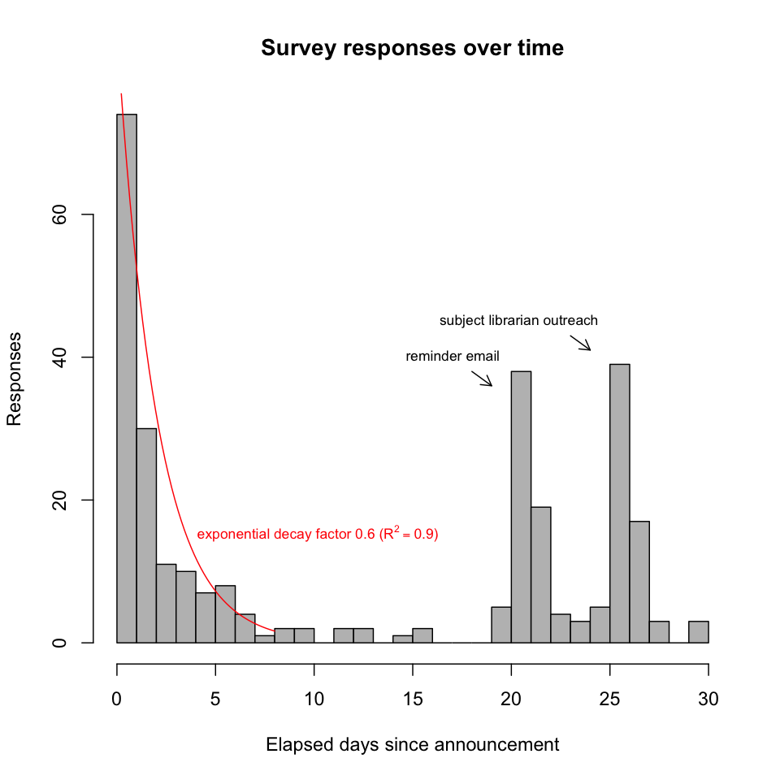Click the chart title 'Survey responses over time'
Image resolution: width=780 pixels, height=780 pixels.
pyautogui.click(x=412, y=49)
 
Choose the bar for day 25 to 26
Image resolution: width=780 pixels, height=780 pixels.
pyautogui.click(x=620, y=503)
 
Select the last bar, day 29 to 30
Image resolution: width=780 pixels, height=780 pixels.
pyautogui.click(x=699, y=631)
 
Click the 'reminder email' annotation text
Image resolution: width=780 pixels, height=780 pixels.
pyautogui.click(x=453, y=357)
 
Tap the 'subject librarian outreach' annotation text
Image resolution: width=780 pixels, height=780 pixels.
pyautogui.click(x=518, y=321)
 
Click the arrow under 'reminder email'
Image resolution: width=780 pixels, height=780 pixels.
pyautogui.click(x=482, y=378)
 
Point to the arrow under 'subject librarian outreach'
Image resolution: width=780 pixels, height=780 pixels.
pyautogui.click(x=580, y=342)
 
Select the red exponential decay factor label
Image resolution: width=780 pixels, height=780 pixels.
pyautogui.click(x=318, y=535)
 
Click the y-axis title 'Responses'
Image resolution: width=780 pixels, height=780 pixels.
pyautogui.click(x=14, y=378)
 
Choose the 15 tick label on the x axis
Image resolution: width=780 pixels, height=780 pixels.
pyautogui.click(x=413, y=697)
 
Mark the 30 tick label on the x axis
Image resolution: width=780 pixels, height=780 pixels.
pyautogui.click(x=708, y=697)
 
